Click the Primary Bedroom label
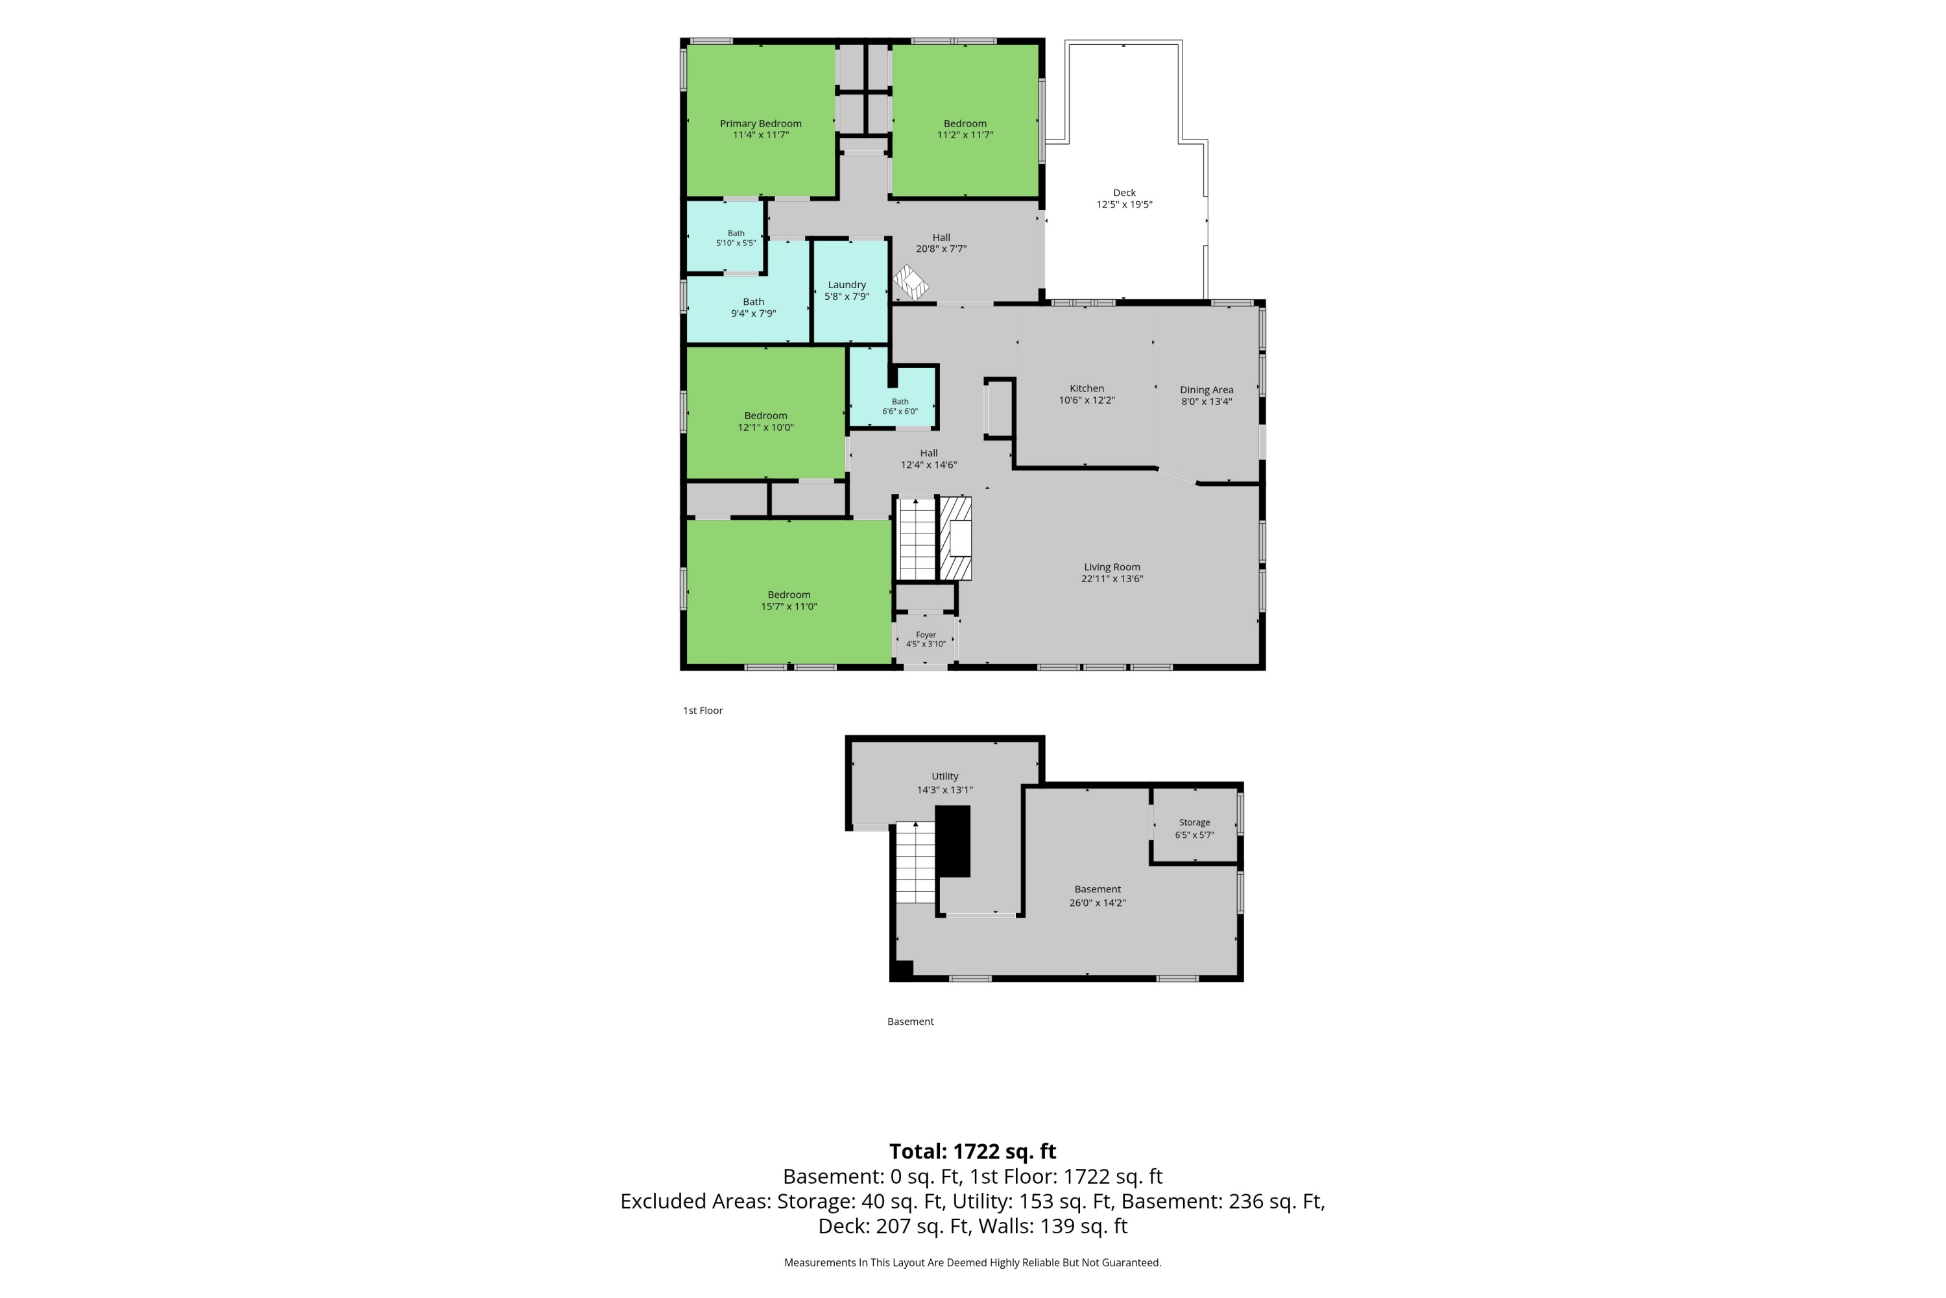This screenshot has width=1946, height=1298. coord(760,123)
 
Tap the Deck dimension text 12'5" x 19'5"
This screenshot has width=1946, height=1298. coord(1124,204)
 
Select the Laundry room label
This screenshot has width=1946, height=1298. coord(847,285)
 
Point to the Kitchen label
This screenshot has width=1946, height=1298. coord(1087,388)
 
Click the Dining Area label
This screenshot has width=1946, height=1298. coord(1207,390)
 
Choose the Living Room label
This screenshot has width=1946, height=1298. coord(1112,567)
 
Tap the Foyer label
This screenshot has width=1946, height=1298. coord(926,635)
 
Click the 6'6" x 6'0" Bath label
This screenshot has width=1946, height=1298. coord(900,406)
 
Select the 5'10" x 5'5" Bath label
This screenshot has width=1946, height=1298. coord(736,238)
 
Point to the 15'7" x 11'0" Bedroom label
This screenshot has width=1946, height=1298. coord(789,600)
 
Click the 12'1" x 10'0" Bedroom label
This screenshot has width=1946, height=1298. coord(765,421)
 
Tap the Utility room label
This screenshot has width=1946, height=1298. coord(945,776)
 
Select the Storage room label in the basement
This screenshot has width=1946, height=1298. coord(1194,822)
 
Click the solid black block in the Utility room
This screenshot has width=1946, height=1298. coord(952,841)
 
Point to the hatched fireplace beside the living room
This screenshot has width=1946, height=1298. coord(955,538)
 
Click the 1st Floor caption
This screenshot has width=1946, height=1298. coord(703,710)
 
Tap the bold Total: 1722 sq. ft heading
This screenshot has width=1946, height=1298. coord(973,1151)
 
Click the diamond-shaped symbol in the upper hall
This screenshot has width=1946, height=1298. coord(911,283)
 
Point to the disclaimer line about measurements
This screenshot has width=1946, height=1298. coord(973,1262)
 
